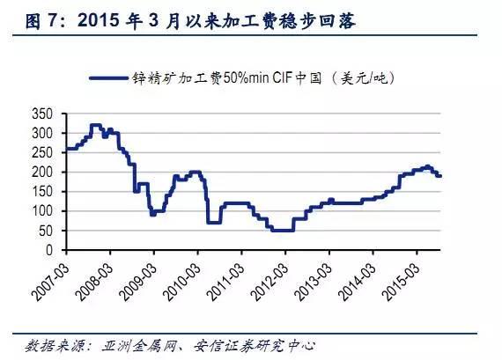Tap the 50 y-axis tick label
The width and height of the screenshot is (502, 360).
click(x=45, y=231)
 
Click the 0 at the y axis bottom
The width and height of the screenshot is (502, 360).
click(x=48, y=250)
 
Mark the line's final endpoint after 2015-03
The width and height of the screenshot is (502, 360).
click(x=440, y=176)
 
